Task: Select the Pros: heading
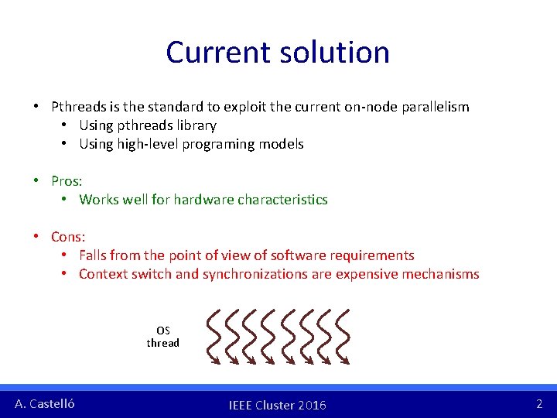click(67, 181)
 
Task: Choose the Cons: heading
click(68, 237)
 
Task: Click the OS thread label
click(162, 337)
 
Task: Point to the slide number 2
click(539, 403)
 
